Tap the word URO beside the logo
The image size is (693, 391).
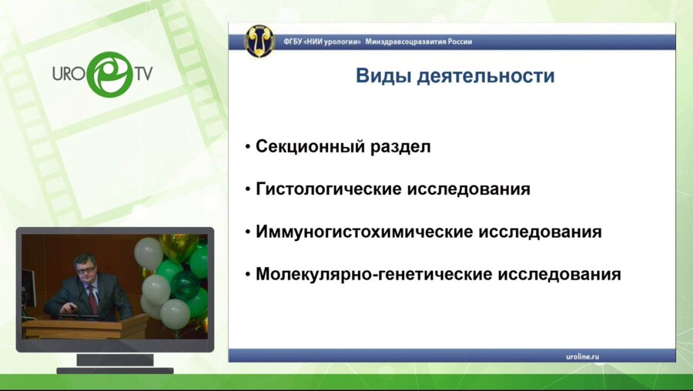tap(69, 75)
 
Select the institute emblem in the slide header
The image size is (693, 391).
tap(259, 40)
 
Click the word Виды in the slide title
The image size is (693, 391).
tap(378, 77)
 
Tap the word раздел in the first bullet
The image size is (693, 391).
tap(405, 146)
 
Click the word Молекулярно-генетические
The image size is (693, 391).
tap(373, 274)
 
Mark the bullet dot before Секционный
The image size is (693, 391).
tap(247, 147)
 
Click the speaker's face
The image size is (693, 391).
tap(85, 271)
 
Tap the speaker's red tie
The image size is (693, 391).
tap(92, 299)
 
